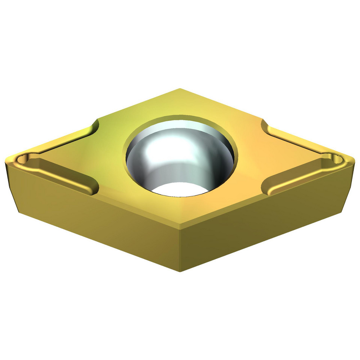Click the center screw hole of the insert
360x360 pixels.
[180, 157]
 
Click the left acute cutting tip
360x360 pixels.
[8, 160]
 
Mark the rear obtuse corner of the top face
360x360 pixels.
[180, 89]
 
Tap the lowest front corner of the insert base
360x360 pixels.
[180, 271]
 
